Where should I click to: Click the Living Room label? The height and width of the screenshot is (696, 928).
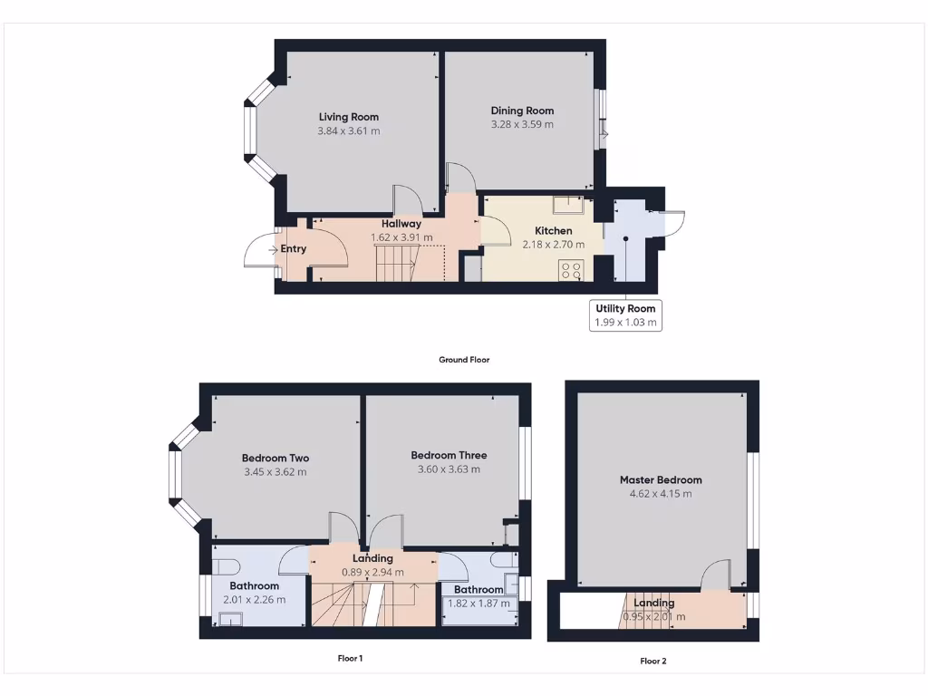pyautogui.click(x=348, y=117)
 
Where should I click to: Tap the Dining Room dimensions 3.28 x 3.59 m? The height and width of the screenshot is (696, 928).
pyautogui.click(x=522, y=125)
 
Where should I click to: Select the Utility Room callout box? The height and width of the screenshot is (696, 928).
pyautogui.click(x=624, y=314)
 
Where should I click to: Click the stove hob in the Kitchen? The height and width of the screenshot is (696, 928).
pyautogui.click(x=572, y=268)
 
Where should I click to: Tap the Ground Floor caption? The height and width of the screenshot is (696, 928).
pyautogui.click(x=464, y=360)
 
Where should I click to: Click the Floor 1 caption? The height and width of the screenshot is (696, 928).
pyautogui.click(x=350, y=659)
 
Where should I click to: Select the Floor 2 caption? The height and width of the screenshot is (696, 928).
pyautogui.click(x=652, y=662)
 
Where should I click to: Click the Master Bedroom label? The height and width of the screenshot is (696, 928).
pyautogui.click(x=661, y=479)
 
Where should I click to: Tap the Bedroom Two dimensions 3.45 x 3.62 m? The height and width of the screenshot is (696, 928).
pyautogui.click(x=275, y=472)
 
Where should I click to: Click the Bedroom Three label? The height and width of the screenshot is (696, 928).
pyautogui.click(x=449, y=455)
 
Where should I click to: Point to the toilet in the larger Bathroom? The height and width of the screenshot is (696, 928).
pyautogui.click(x=225, y=567)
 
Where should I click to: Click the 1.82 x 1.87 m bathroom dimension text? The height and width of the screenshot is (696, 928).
pyautogui.click(x=478, y=604)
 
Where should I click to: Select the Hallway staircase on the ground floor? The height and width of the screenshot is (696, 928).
pyautogui.click(x=395, y=263)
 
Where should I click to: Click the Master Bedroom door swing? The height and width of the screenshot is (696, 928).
pyautogui.click(x=715, y=575)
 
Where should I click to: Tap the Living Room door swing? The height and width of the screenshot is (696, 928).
pyautogui.click(x=405, y=201)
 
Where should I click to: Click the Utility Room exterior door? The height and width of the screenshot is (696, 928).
pyautogui.click(x=674, y=224)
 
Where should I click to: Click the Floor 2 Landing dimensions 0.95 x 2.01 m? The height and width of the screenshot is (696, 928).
pyautogui.click(x=654, y=617)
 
